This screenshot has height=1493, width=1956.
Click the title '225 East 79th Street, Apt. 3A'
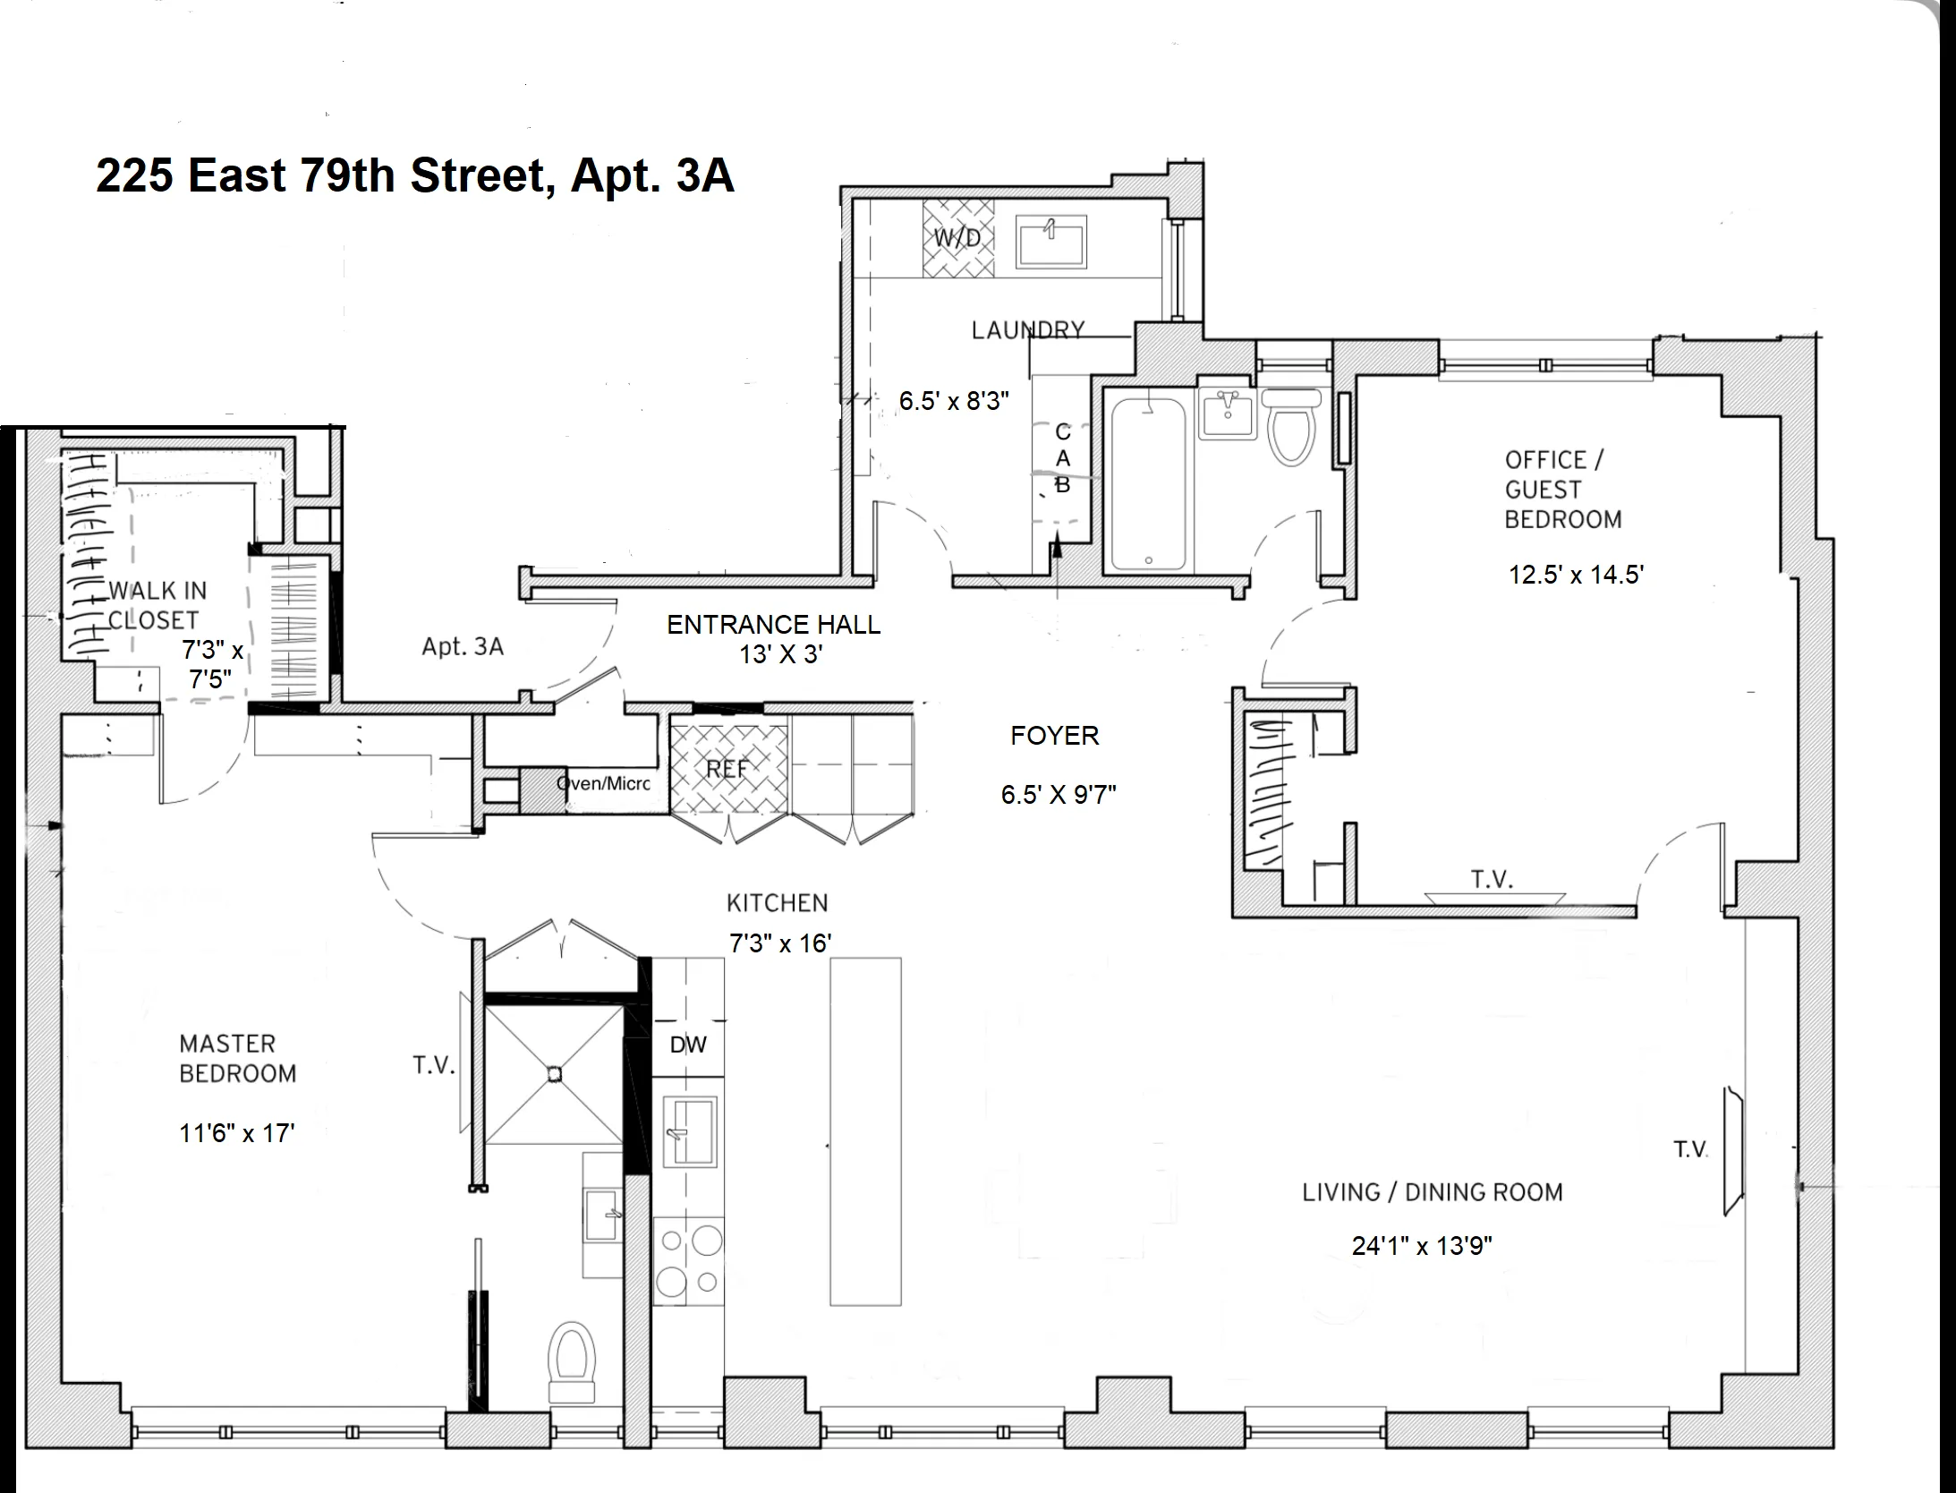415,175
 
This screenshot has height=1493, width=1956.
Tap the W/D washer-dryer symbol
958,238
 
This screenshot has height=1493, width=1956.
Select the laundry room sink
1051,241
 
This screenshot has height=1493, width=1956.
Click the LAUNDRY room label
1028,330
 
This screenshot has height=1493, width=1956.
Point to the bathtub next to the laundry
1148,484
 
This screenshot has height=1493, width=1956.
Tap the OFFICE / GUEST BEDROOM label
1562,490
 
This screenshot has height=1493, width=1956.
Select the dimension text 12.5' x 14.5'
1576,575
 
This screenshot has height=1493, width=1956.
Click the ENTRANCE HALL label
774,625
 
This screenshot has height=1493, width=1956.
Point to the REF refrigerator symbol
727,769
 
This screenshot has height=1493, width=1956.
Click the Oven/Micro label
603,784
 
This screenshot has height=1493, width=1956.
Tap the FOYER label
1054,736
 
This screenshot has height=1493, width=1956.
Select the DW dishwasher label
688,1045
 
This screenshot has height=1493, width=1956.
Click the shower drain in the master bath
554,1073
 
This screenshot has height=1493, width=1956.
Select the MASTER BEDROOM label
237,1059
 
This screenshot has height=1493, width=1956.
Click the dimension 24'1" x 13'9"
1422,1246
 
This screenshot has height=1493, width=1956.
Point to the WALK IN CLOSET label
156,605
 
